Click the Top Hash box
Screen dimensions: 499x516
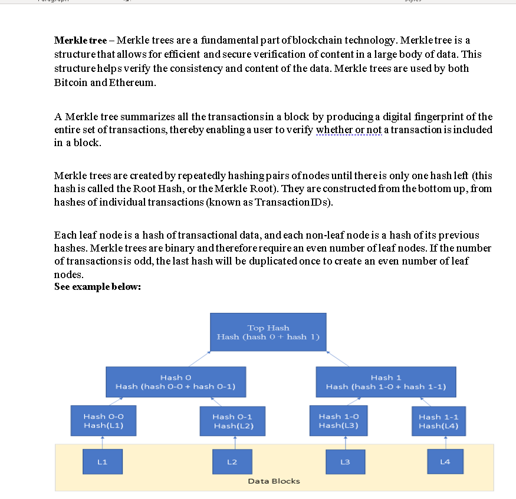coord(268,332)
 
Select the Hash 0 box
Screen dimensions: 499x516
coord(176,382)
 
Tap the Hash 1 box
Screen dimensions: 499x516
coord(386,382)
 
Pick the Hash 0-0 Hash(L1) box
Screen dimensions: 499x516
coord(103,421)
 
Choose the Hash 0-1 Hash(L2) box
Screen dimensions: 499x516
coord(232,421)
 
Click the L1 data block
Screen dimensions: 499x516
coord(102,461)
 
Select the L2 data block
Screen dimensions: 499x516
coord(232,461)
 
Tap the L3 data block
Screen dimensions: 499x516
coord(345,461)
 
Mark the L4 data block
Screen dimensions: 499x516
coord(445,461)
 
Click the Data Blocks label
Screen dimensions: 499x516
coord(274,481)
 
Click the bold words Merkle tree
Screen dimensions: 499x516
coord(80,41)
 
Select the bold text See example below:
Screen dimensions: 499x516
coord(97,287)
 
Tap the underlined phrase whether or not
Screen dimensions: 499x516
coord(349,130)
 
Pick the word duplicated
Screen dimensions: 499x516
coord(257,261)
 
